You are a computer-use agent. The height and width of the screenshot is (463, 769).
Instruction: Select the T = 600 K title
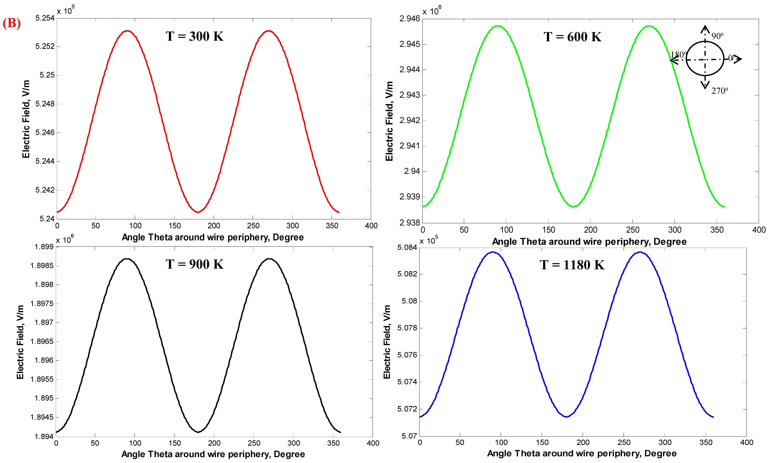572,37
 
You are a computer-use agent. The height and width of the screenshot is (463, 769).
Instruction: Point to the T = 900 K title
194,264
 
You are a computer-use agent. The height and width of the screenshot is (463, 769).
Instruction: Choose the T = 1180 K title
572,265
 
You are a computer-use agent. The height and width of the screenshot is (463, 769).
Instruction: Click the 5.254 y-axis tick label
45,18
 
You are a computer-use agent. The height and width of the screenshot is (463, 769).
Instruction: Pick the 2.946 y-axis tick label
410,19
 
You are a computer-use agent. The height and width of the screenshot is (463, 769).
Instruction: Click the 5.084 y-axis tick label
407,248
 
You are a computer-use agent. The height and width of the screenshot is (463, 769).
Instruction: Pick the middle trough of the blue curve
566,417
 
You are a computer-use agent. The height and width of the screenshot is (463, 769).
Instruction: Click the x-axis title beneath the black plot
213,454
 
